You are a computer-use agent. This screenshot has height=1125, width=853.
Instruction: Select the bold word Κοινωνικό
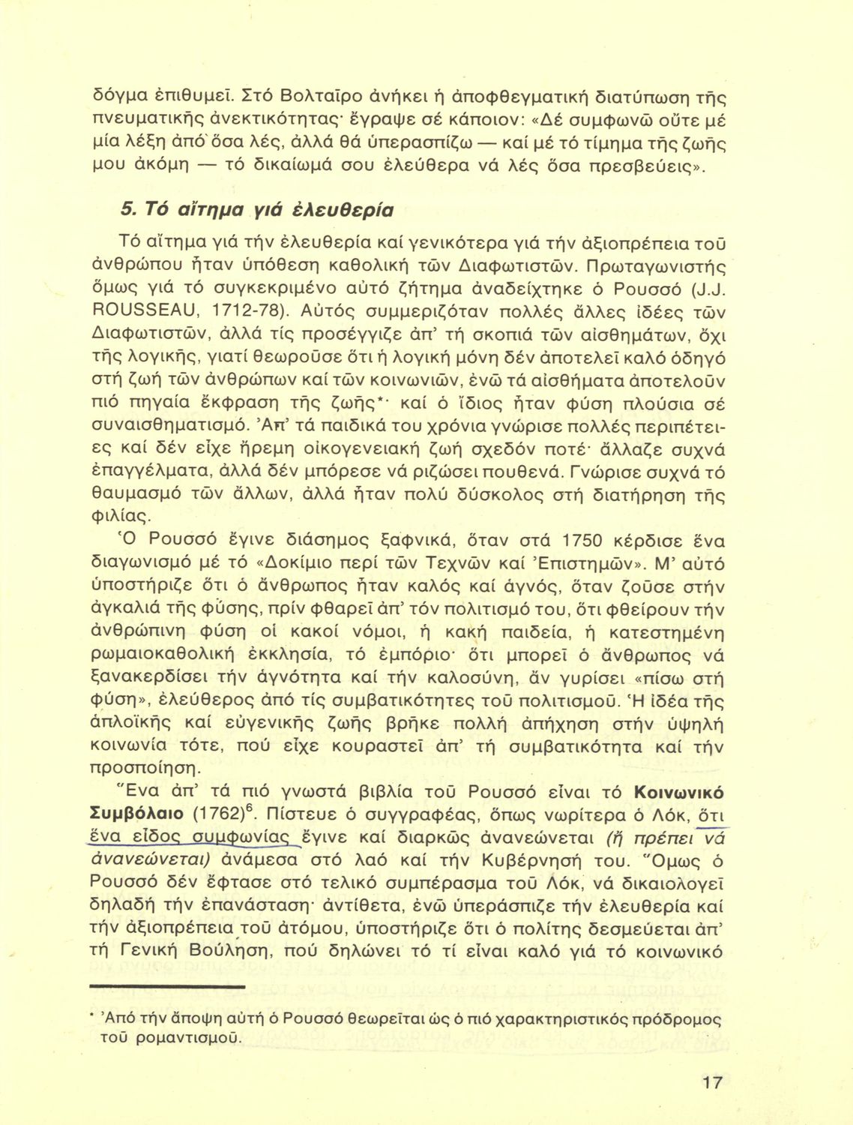(x=678, y=792)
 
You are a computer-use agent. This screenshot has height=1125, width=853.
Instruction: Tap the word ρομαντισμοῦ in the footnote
(x=178, y=1039)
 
